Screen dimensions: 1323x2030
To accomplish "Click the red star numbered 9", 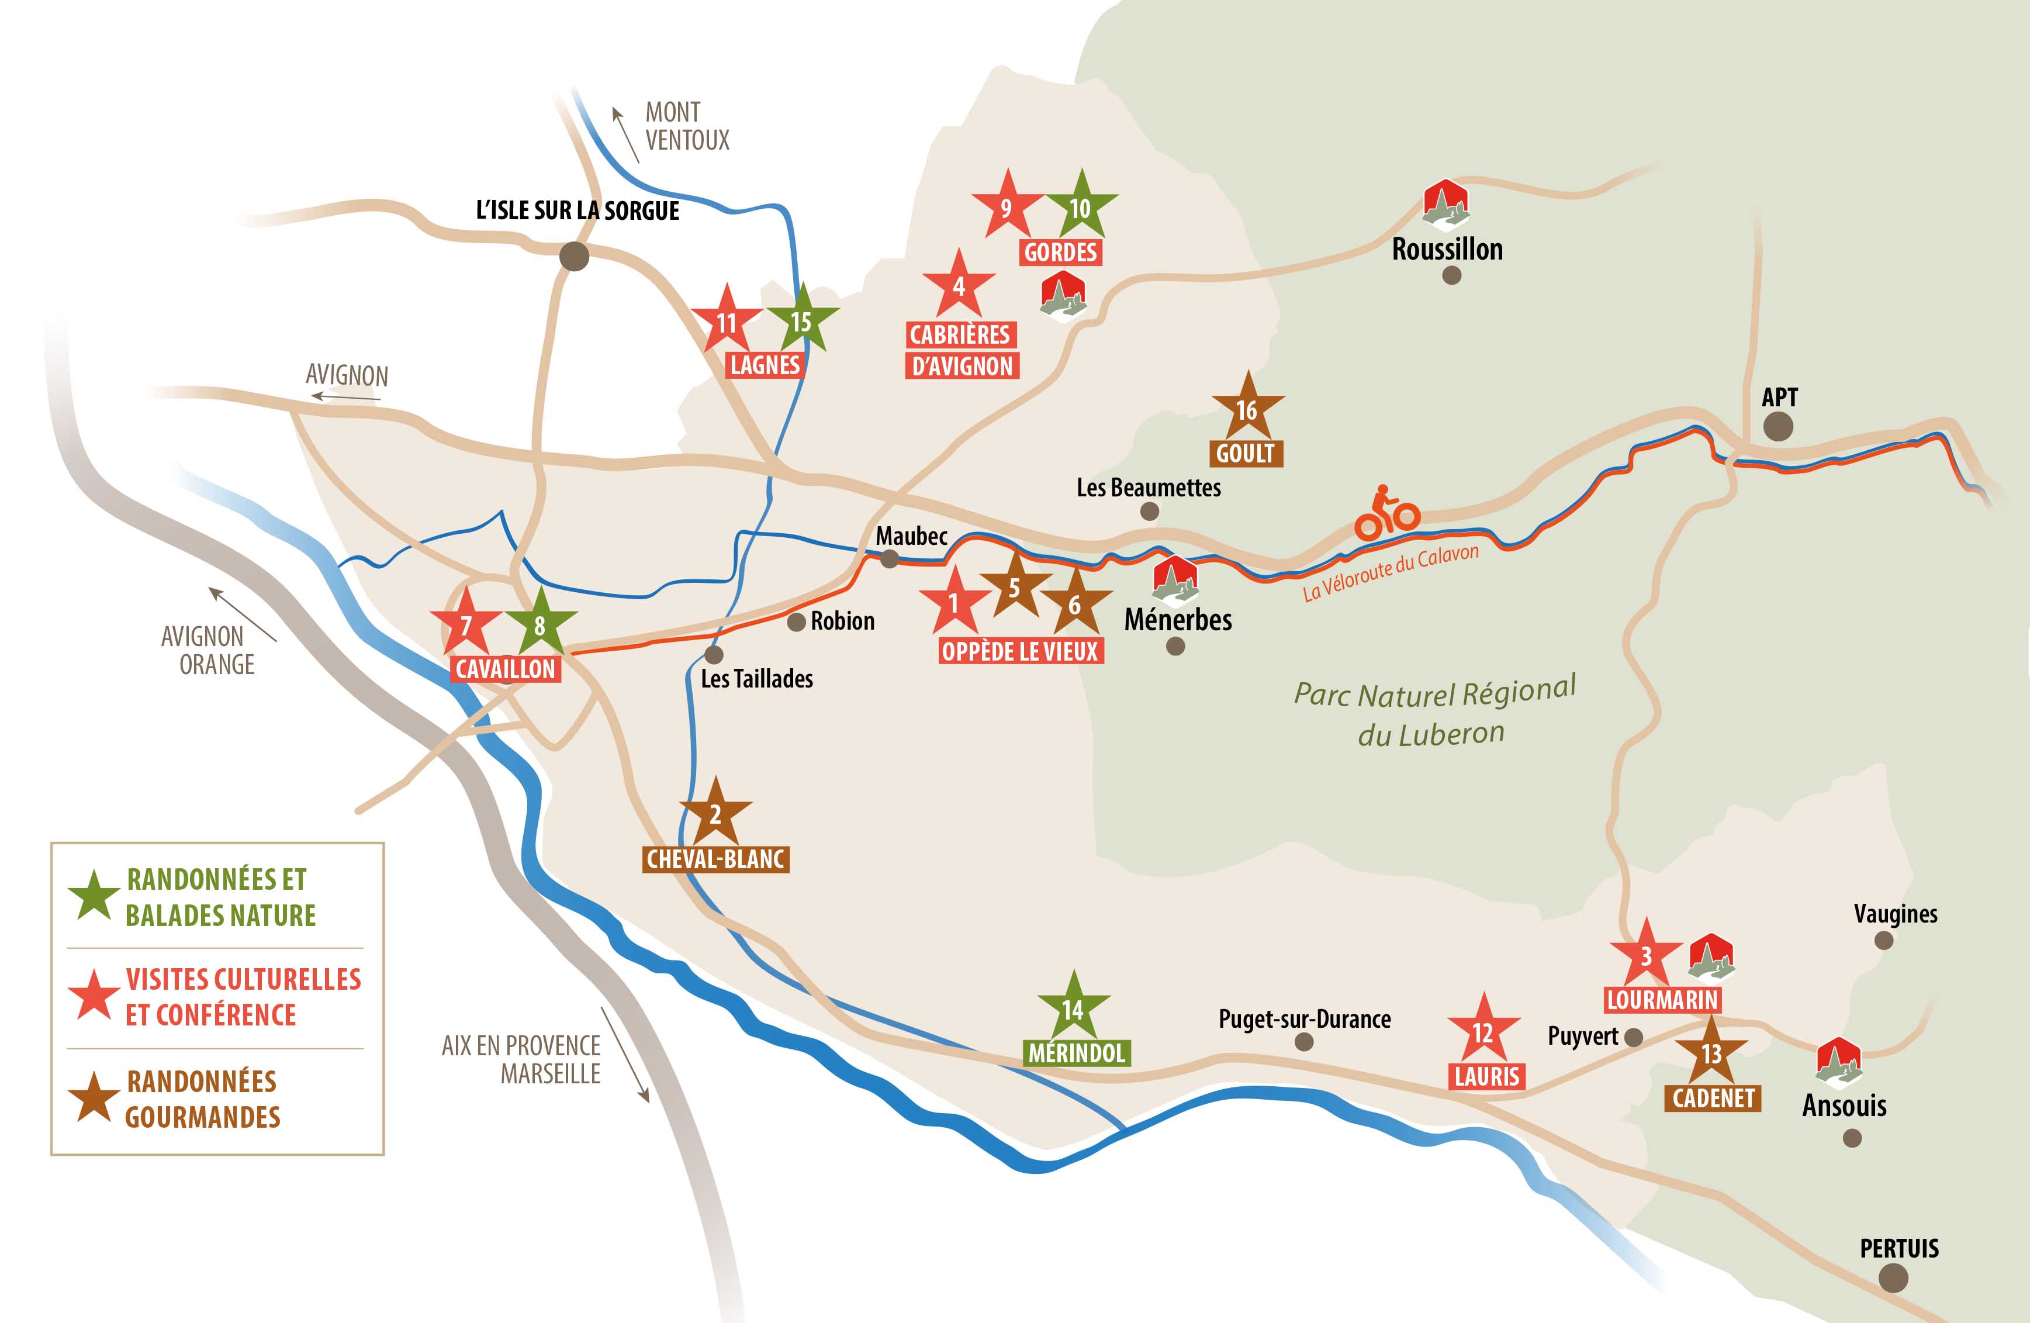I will (1007, 206).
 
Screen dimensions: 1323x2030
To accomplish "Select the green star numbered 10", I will (1081, 206).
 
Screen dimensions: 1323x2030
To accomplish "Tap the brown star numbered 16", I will (1247, 409).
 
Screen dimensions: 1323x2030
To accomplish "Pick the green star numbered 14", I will (1073, 1008).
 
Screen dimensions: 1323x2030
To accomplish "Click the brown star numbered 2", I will (715, 813).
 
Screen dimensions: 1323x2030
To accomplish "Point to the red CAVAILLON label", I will (506, 669).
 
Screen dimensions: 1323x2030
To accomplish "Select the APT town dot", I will (1777, 426).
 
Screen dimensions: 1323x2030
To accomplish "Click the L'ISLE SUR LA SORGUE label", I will (577, 210).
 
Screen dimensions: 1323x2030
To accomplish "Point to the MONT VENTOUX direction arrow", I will (625, 134).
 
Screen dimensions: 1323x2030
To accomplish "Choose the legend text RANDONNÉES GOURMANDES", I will (202, 1099).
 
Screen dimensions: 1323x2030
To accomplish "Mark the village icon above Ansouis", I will (1838, 1062).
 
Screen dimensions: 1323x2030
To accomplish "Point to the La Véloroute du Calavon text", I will (1391, 572).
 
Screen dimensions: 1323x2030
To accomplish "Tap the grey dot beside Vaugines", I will (1883, 941).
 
